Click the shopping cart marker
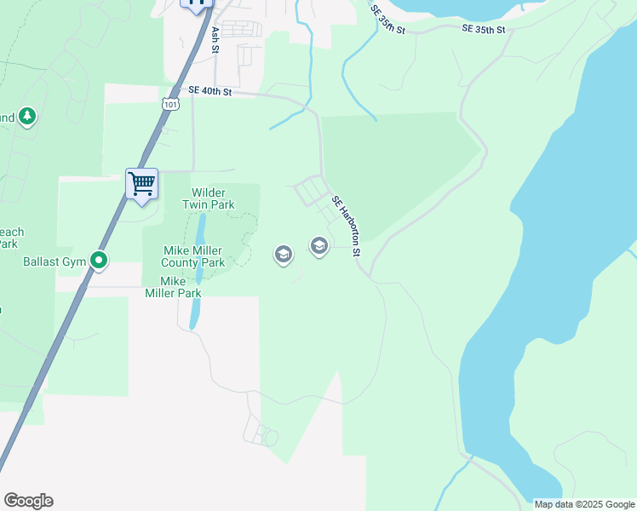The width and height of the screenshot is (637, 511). click(x=141, y=183)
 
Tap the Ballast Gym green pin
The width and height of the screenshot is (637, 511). click(x=100, y=261)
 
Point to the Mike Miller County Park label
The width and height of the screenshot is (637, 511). click(x=193, y=256)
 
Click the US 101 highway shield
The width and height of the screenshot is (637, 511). click(x=169, y=104)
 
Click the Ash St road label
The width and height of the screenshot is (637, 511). click(x=215, y=39)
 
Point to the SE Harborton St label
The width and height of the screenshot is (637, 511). click(x=347, y=226)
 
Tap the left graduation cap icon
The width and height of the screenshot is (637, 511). click(x=283, y=254)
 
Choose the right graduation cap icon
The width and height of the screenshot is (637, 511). click(x=319, y=247)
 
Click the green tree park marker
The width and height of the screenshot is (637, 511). click(x=27, y=116)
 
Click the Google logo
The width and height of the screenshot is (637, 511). click(x=28, y=501)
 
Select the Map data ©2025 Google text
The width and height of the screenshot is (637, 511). click(x=584, y=504)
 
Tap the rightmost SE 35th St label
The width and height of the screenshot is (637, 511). click(x=484, y=29)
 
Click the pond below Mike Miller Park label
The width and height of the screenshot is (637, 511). click(x=194, y=313)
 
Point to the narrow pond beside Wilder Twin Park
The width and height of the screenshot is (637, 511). click(x=201, y=230)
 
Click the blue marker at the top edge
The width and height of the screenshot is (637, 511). click(x=198, y=4)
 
